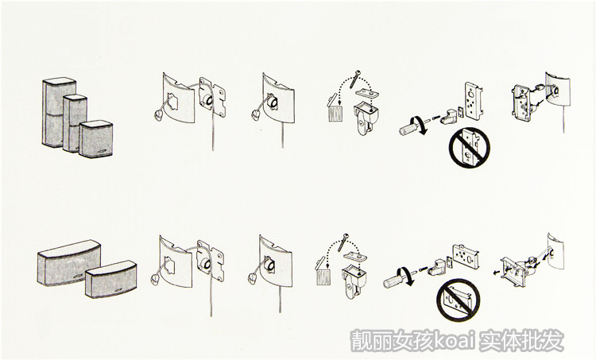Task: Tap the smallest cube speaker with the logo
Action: (x=96, y=139)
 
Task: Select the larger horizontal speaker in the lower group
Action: (x=69, y=262)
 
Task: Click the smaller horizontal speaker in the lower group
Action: (x=111, y=279)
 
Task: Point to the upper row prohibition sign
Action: (x=470, y=148)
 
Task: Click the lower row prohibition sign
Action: (x=458, y=300)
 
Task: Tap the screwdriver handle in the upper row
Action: (x=408, y=127)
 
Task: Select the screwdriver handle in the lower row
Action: (x=392, y=281)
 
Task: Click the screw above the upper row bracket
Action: (x=355, y=79)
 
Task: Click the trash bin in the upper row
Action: (x=335, y=112)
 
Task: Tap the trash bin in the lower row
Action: (x=323, y=275)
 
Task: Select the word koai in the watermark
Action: (x=455, y=339)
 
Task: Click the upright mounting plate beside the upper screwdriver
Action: (x=474, y=101)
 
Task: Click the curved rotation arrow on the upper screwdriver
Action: (x=421, y=126)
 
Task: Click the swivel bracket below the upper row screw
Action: (x=366, y=118)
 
